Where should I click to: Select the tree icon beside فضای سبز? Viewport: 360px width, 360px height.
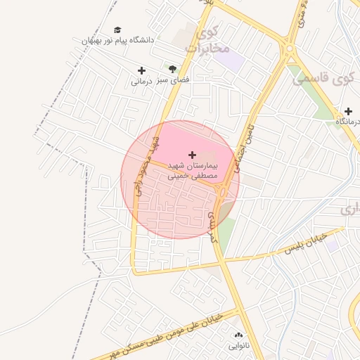pyautogui.click(x=172, y=69)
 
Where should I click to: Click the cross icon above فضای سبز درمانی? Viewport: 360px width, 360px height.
pyautogui.click(x=141, y=70)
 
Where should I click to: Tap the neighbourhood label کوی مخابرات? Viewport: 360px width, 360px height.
pyautogui.click(x=208, y=40)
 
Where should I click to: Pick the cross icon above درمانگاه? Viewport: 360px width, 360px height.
pyautogui.click(x=348, y=111)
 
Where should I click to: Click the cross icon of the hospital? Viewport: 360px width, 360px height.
pyautogui.click(x=193, y=153)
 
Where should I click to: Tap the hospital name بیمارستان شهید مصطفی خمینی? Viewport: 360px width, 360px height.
pyautogui.click(x=193, y=171)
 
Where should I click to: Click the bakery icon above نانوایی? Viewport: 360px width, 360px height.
pyautogui.click(x=238, y=335)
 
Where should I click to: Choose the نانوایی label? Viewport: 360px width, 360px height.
pyautogui.click(x=238, y=346)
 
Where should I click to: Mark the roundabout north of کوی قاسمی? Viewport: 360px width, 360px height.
pyautogui.click(x=289, y=49)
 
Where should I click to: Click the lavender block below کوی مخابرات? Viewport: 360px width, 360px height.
pyautogui.click(x=230, y=59)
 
